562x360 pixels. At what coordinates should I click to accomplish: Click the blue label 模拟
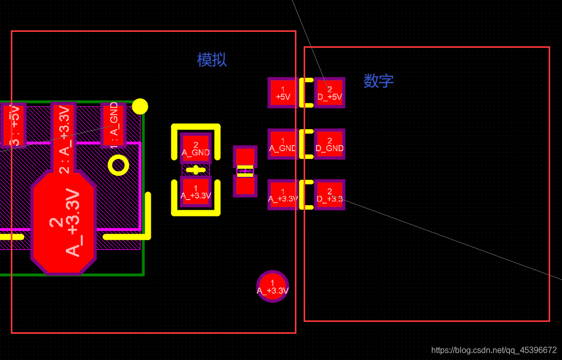pyautogui.click(x=212, y=60)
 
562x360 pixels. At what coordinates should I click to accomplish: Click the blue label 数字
pyautogui.click(x=378, y=81)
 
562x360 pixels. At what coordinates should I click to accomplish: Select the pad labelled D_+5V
pyautogui.click(x=329, y=93)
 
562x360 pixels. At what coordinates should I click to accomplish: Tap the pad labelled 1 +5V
pyautogui.click(x=283, y=93)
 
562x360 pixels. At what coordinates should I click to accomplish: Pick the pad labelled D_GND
pyautogui.click(x=329, y=144)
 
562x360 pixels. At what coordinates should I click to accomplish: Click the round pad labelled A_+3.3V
pyautogui.click(x=272, y=286)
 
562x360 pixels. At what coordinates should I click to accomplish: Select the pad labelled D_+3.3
pyautogui.click(x=329, y=195)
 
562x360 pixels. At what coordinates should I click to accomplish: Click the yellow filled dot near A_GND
pyautogui.click(x=140, y=106)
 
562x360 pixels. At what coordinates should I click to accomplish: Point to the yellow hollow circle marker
pyautogui.click(x=118, y=165)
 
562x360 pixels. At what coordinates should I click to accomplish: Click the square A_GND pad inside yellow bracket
pyautogui.click(x=196, y=148)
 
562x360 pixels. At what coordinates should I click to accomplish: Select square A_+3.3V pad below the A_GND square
pyautogui.click(x=196, y=191)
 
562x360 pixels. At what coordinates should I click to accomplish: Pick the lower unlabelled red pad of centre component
pyautogui.click(x=245, y=186)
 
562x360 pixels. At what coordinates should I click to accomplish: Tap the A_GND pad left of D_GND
pyautogui.click(x=283, y=144)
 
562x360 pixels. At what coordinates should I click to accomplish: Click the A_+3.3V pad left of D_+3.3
pyautogui.click(x=283, y=195)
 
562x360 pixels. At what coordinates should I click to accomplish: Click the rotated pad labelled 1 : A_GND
pyautogui.click(x=114, y=124)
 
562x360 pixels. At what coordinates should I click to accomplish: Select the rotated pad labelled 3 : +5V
pyautogui.click(x=12, y=124)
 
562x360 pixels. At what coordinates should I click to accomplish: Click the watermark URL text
pyautogui.click(x=494, y=350)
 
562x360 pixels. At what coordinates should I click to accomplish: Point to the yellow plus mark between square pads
pyautogui.click(x=196, y=170)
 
